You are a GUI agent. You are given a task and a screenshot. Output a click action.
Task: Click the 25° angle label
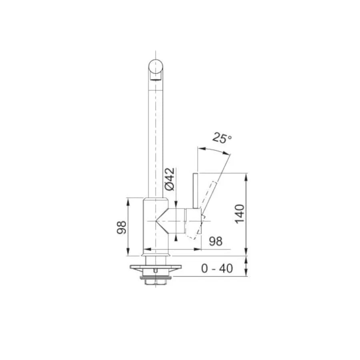(222, 138)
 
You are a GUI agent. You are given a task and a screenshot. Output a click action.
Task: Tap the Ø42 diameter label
(170, 179)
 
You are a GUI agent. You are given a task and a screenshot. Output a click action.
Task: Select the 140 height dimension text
(240, 214)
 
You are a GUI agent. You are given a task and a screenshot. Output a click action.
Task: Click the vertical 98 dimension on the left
(122, 227)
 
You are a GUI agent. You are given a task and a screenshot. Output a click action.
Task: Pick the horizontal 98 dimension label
(216, 241)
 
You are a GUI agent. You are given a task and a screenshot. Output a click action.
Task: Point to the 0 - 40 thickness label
(217, 268)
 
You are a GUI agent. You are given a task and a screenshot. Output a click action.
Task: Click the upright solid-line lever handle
(196, 190)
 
